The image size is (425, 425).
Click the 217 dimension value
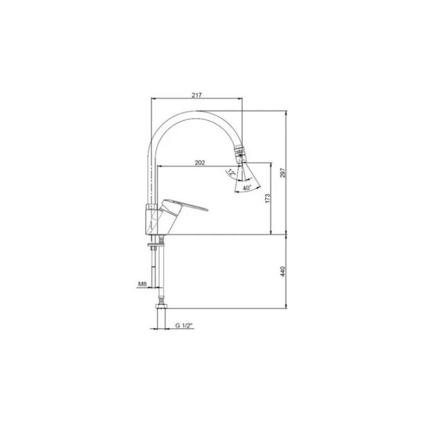tap(197, 95)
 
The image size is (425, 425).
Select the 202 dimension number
tap(200, 163)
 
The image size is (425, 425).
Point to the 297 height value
tap(283, 173)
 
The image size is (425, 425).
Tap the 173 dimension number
tap(267, 199)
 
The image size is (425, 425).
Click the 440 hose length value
tap(283, 271)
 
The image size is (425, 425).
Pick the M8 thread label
tap(142, 284)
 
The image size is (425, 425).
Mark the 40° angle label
tap(247, 188)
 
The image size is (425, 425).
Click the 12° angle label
tap(232, 173)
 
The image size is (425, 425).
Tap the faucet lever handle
tap(184, 205)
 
